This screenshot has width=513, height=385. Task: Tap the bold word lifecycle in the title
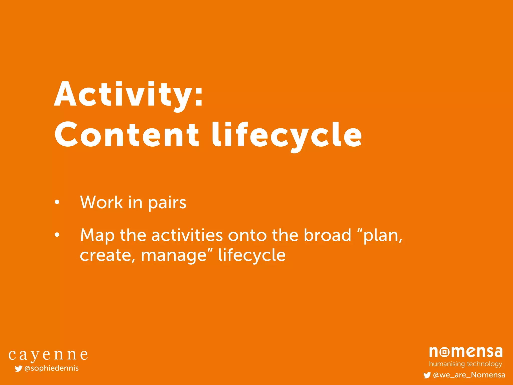tap(287, 135)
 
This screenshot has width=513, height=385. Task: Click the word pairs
tap(167, 203)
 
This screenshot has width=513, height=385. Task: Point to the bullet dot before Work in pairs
tap(57, 202)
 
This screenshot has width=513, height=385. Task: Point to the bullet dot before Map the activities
tap(57, 235)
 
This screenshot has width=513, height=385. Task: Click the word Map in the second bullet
tap(97, 236)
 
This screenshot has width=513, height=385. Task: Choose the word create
tap(105, 255)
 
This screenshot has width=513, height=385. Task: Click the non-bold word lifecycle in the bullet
tap(252, 255)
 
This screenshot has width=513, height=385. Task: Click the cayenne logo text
tap(48, 355)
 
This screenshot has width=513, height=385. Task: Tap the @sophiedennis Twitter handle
tap(51, 368)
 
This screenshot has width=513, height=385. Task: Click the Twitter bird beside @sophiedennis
tap(18, 368)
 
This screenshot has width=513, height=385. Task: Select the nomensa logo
tap(466, 352)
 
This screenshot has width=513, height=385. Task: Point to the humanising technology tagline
tap(465, 364)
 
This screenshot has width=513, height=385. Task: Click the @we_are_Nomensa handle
tap(469, 375)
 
